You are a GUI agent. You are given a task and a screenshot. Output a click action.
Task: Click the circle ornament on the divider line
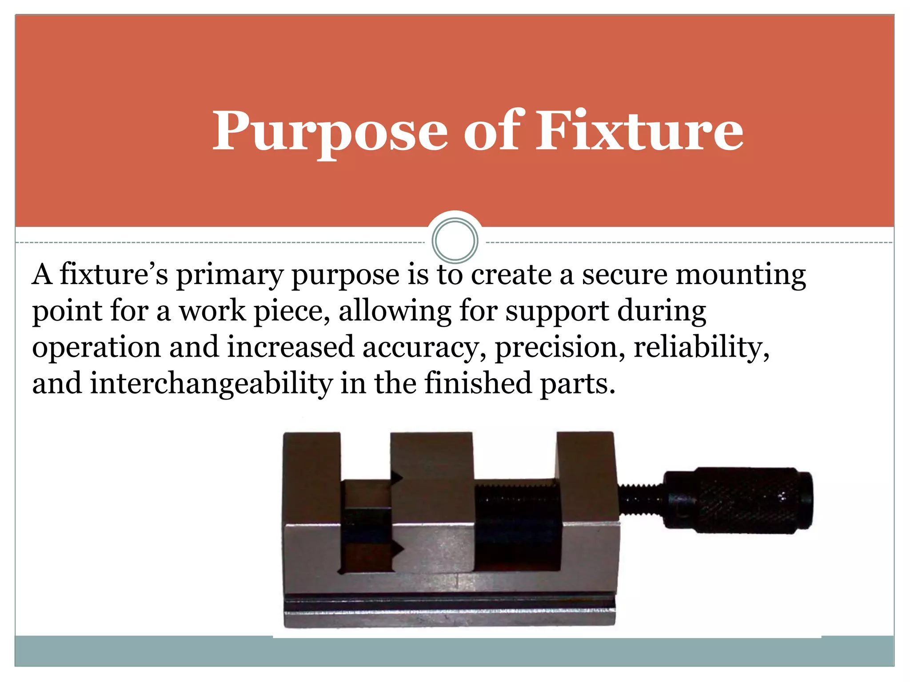pos(455,240)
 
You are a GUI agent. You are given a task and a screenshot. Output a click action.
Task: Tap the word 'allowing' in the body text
pos(395,312)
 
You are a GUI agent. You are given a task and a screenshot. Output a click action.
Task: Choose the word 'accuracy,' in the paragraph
pos(424,347)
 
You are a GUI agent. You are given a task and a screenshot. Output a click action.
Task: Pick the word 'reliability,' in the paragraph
pos(701,347)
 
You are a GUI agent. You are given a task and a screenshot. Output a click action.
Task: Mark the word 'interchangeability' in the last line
pos(211,384)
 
